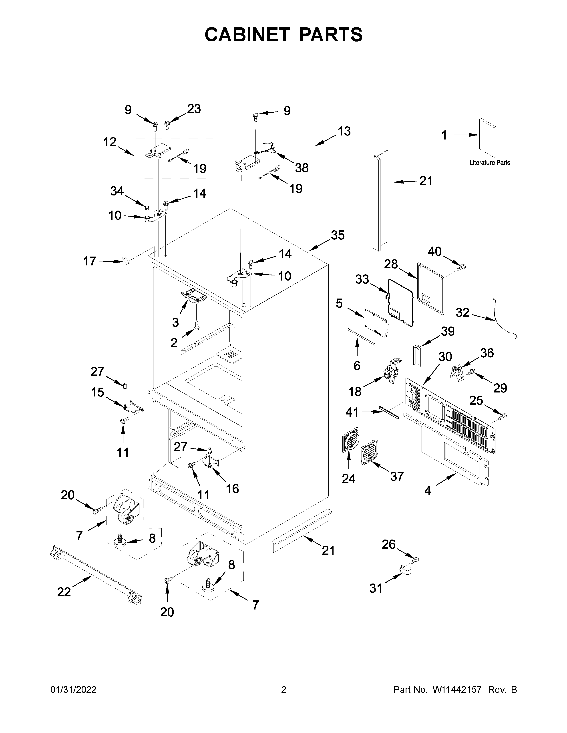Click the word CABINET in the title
[x=247, y=35]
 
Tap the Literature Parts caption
[x=489, y=163]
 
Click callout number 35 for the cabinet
[x=338, y=235]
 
